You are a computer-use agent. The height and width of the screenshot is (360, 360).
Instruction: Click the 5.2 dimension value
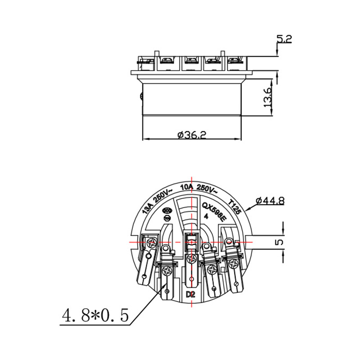tap(284, 40)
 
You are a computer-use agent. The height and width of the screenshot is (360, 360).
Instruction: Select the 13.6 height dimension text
tap(268, 97)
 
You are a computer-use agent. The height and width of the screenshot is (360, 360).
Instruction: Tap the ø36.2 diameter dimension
tap(192, 134)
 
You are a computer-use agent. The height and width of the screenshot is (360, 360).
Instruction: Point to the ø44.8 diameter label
tap(270, 201)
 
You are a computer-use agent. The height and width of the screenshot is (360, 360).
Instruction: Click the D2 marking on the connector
tap(191, 295)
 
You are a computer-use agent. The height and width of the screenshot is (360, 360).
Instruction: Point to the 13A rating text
tap(147, 208)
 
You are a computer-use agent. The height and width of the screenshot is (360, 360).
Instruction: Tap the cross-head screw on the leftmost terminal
tap(153, 243)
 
